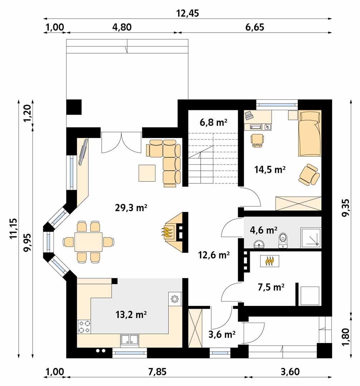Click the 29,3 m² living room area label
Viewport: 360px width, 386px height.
[x=131, y=208]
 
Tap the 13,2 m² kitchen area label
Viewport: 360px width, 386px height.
[x=131, y=314]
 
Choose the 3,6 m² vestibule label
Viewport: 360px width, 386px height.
[x=222, y=334]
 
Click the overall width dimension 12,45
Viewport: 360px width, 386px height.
[x=188, y=13]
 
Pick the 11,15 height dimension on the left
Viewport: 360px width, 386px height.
[x=14, y=229]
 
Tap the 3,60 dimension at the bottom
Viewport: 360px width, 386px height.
[x=290, y=372]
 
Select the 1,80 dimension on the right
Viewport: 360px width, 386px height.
[x=346, y=336]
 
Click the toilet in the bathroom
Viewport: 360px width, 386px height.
[x=283, y=240]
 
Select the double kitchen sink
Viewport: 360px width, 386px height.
[x=130, y=340]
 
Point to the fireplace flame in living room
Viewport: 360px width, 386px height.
[x=167, y=233]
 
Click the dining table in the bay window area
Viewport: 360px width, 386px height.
[x=88, y=242]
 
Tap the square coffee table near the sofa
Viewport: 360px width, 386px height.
[x=147, y=173]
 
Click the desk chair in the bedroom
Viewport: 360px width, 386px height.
[x=257, y=139]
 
